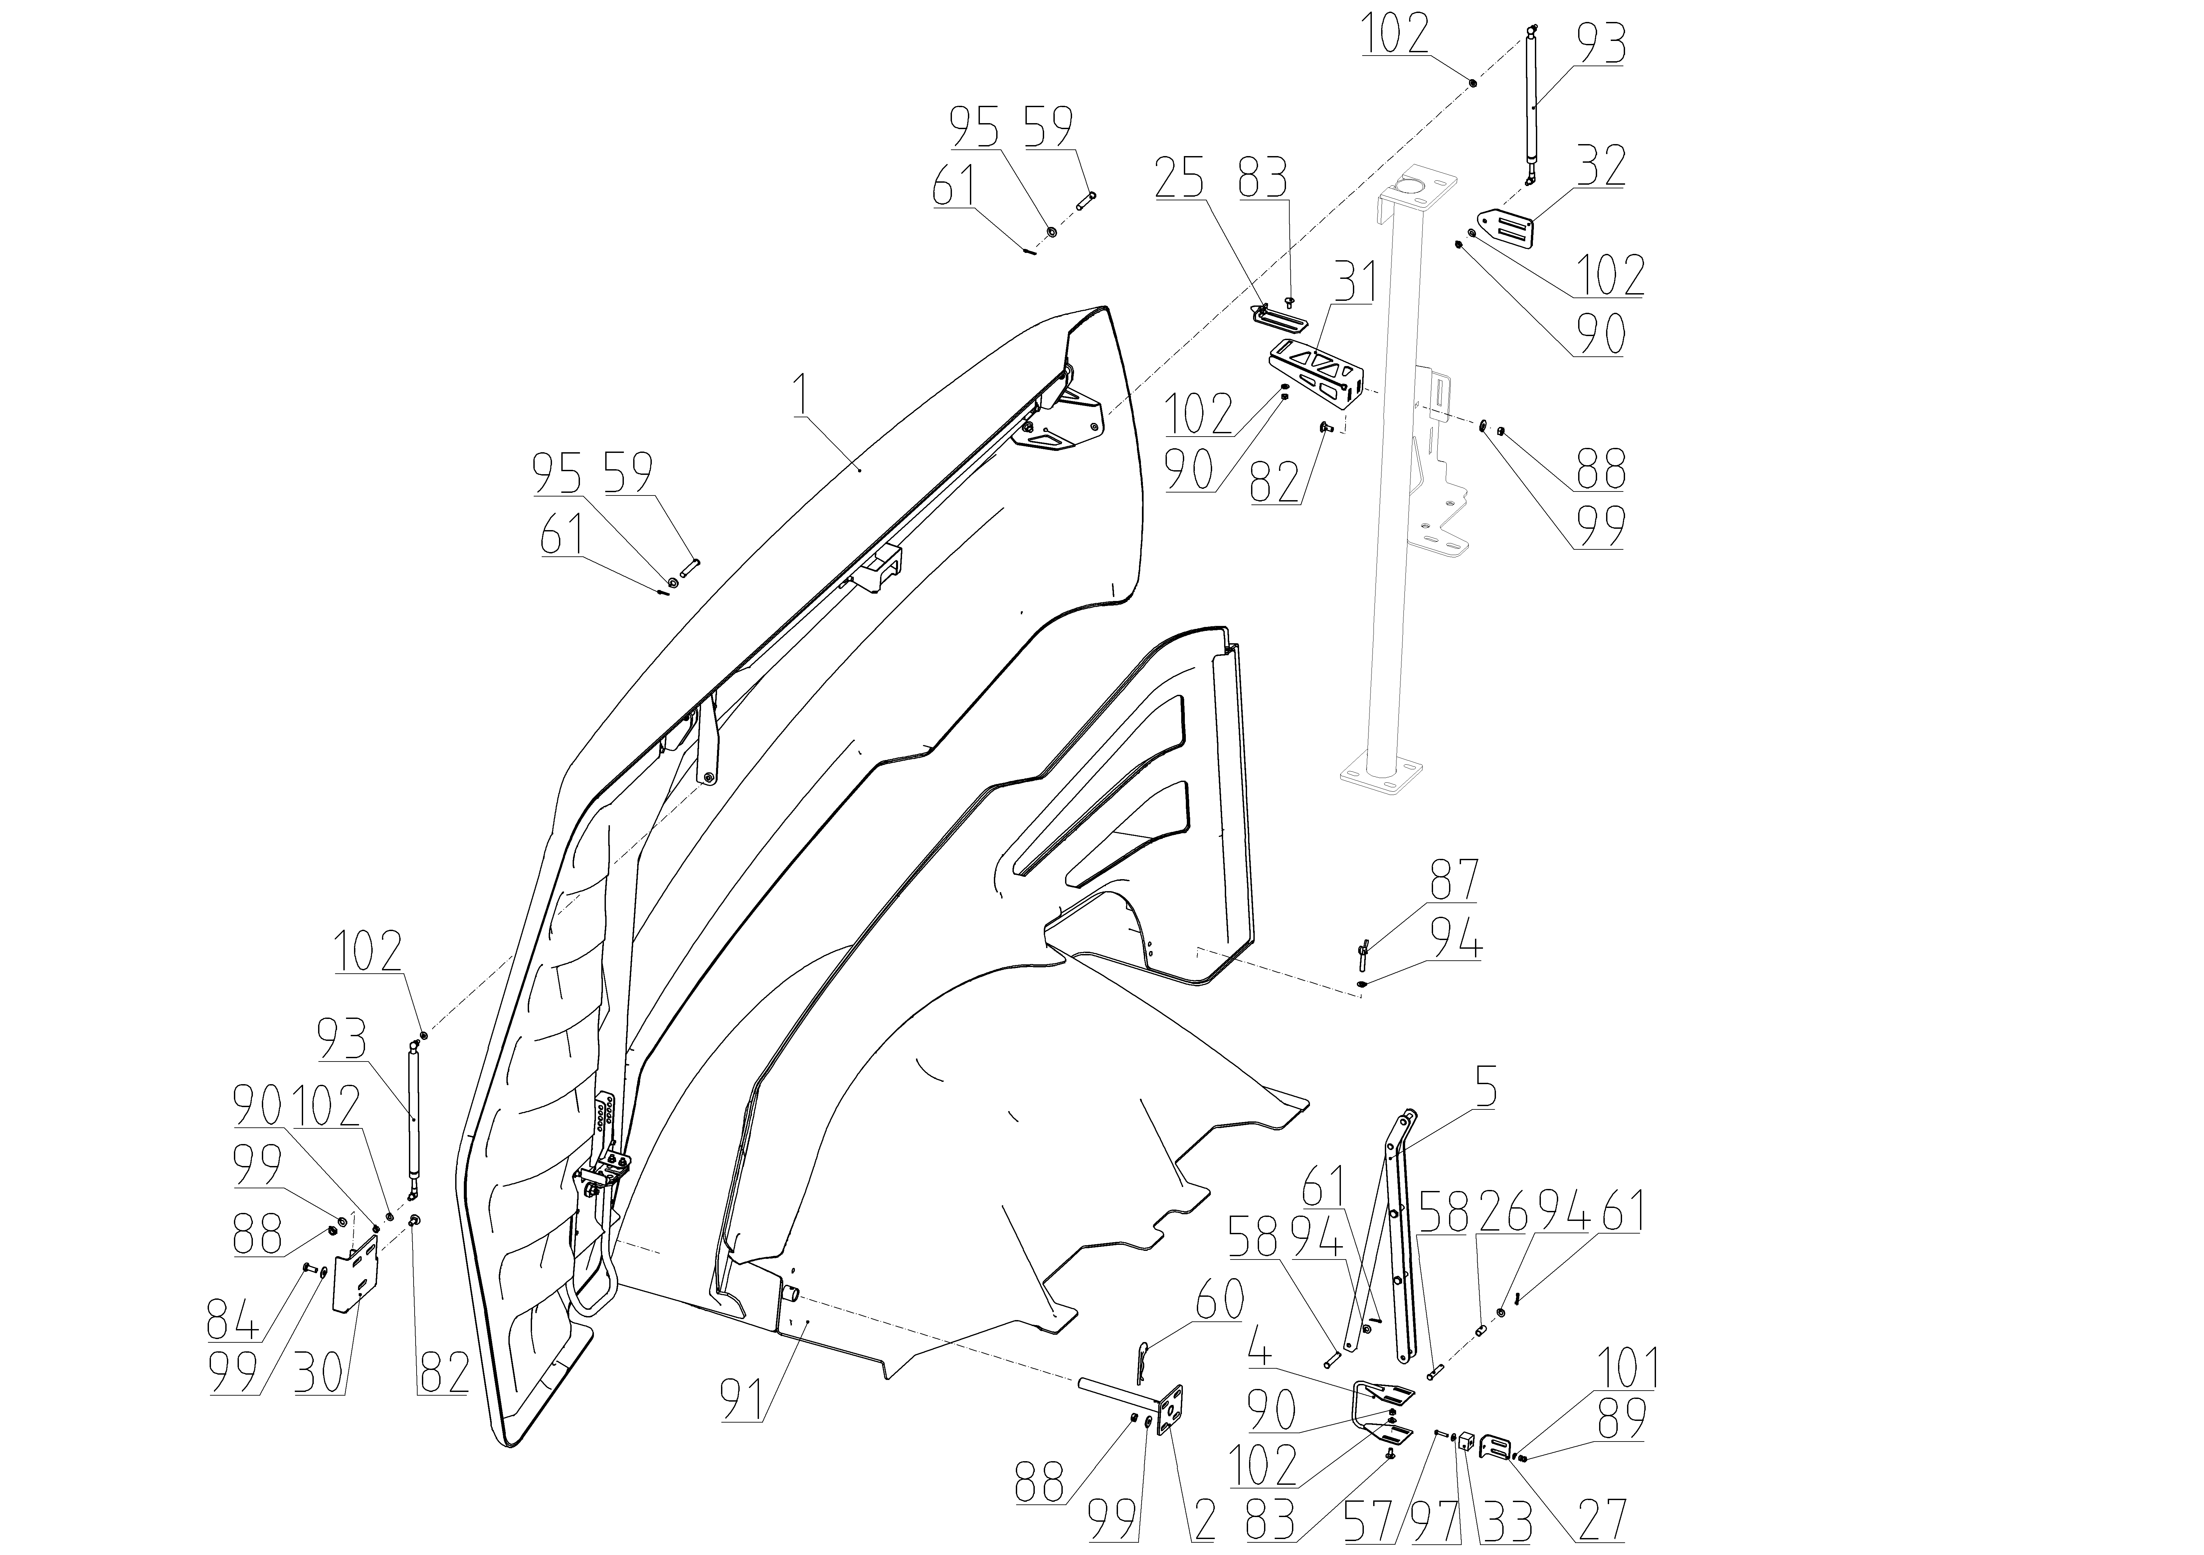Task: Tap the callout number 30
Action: tap(320, 1374)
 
